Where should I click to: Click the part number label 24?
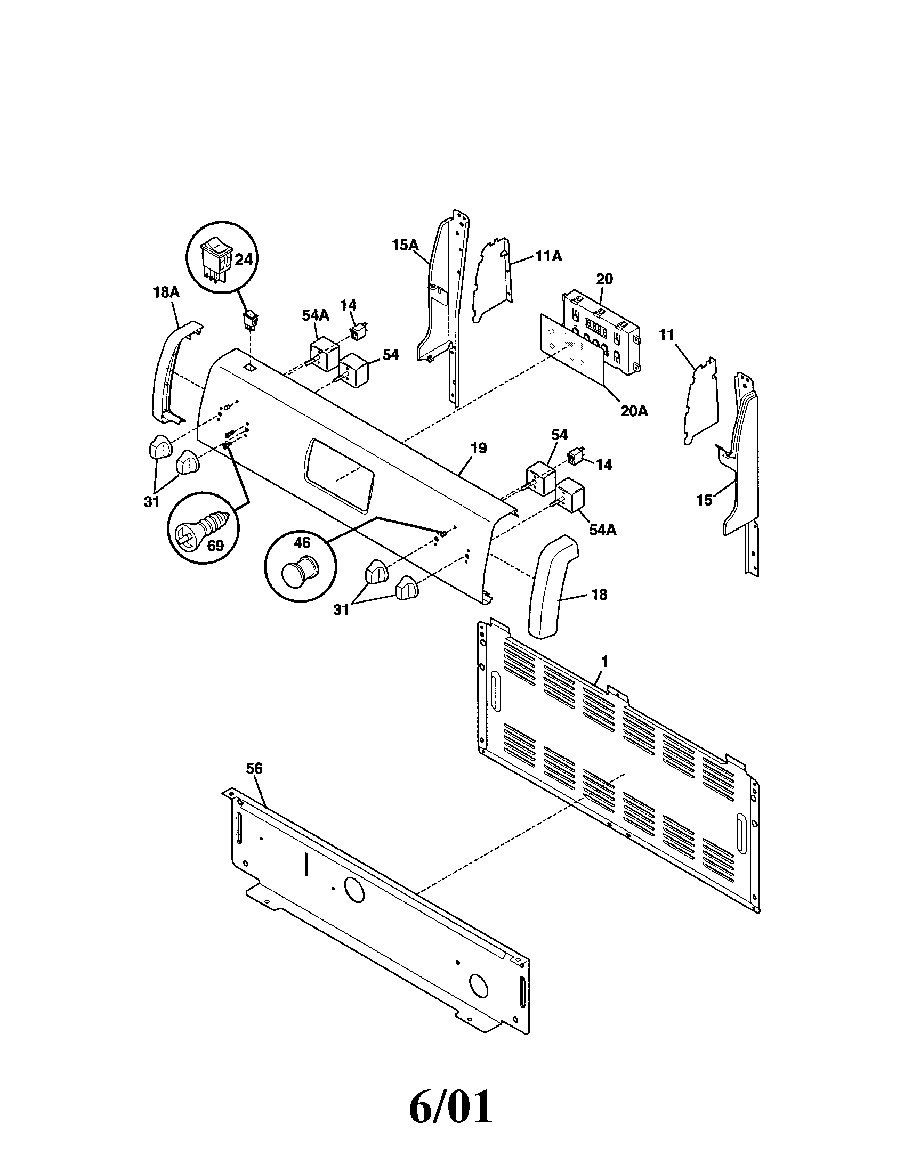[243, 260]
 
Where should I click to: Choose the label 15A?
[405, 245]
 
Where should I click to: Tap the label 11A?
[548, 257]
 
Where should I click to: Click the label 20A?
[633, 411]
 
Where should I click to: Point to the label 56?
[254, 768]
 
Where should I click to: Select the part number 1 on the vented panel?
[604, 662]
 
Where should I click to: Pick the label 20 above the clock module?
[604, 279]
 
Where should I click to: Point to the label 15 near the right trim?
[704, 500]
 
